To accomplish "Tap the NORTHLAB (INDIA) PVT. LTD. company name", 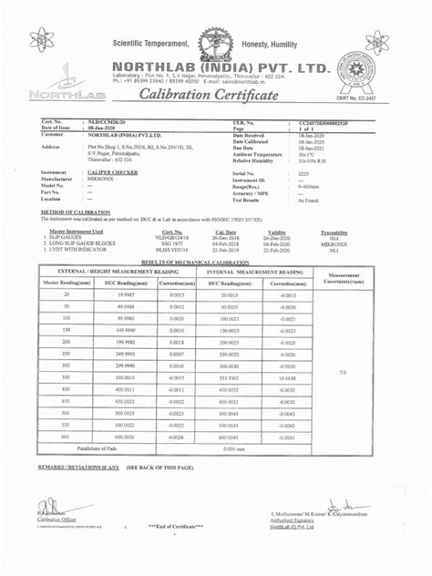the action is tap(228, 67).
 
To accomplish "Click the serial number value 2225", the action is tap(303, 171).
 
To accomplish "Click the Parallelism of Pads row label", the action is tap(105, 449).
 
